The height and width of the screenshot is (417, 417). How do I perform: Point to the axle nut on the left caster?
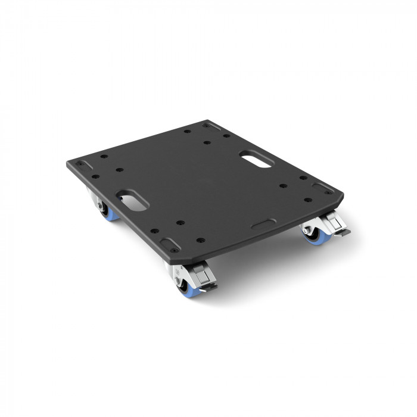point(98,206)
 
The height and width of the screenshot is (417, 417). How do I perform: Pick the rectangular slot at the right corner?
point(325,188)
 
